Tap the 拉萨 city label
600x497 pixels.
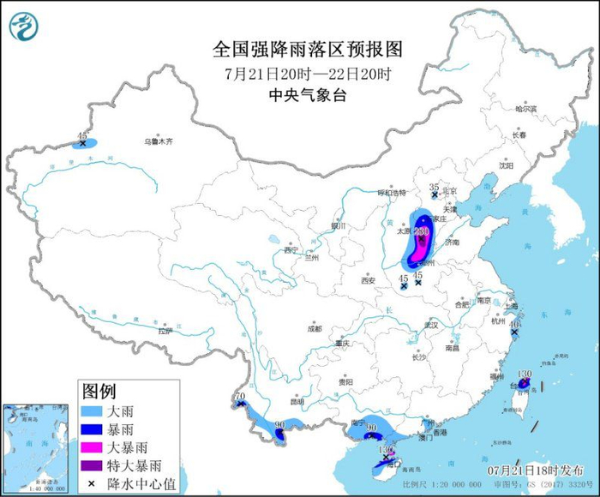(165, 330)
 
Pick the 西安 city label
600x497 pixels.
(368, 280)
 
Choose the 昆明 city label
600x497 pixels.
(297, 400)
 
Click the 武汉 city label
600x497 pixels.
(431, 325)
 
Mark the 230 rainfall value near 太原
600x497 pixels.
(421, 231)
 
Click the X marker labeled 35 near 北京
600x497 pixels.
(435, 195)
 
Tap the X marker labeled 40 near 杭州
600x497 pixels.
(515, 332)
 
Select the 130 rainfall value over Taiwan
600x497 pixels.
(525, 374)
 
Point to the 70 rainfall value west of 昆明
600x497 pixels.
(240, 396)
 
